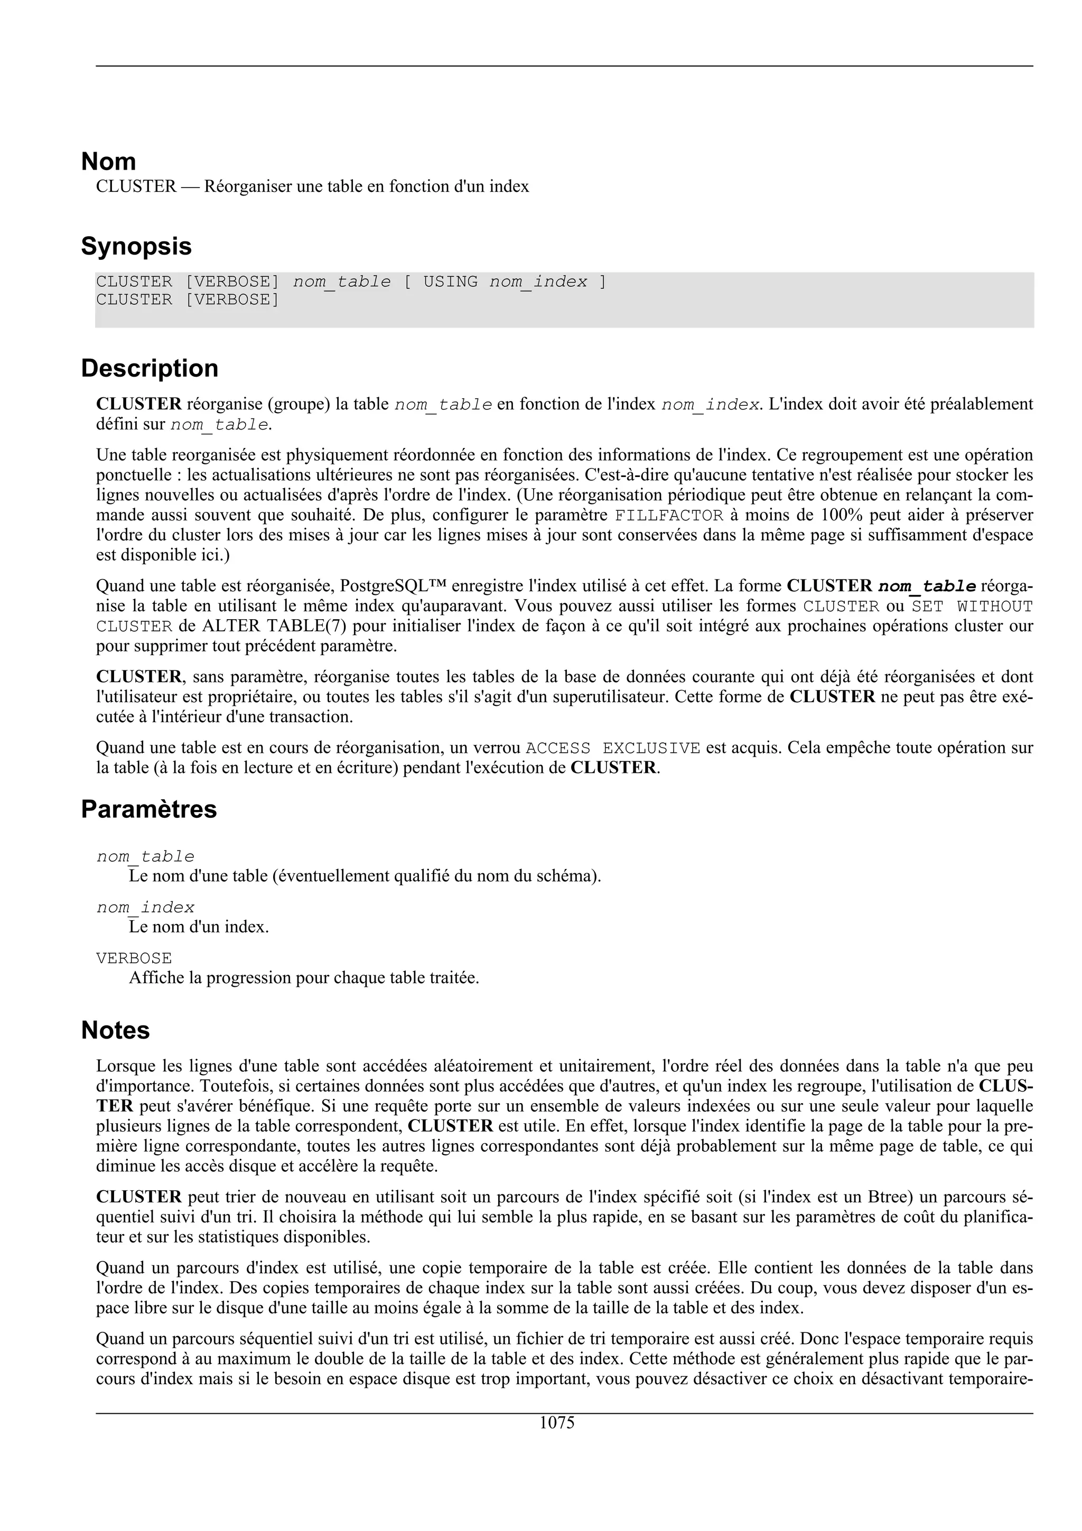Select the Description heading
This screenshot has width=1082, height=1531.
click(150, 368)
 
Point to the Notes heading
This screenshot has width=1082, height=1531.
click(115, 1030)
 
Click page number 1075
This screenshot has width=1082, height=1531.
click(557, 1423)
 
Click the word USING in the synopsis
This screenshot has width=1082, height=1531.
click(451, 282)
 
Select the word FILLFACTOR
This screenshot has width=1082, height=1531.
click(669, 516)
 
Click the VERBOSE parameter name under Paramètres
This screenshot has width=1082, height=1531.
click(134, 958)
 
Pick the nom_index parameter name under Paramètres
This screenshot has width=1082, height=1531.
click(145, 908)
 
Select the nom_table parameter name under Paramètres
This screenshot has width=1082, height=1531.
click(145, 857)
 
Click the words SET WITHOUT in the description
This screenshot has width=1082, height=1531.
click(972, 606)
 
